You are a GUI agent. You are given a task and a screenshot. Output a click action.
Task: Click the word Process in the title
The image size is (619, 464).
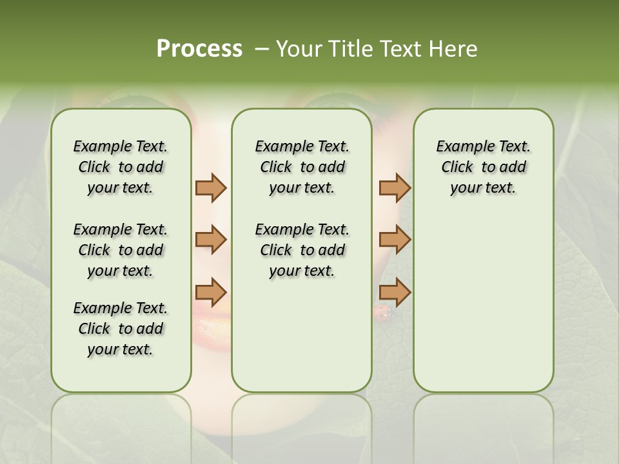199,49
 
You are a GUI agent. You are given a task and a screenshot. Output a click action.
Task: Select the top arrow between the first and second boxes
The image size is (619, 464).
211,188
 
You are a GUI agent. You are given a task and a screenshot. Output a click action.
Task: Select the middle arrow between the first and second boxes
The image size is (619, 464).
211,240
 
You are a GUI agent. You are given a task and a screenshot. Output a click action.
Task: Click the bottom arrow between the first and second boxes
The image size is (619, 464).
211,291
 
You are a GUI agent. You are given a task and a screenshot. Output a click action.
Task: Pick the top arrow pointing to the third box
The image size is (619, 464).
395,188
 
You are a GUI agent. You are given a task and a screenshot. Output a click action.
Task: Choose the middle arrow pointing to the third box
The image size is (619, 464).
395,240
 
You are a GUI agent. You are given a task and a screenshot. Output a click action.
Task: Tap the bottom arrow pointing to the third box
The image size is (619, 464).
395,291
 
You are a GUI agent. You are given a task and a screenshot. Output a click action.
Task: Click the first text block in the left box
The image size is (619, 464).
121,167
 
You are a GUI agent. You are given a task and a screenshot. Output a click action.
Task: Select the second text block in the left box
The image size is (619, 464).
121,250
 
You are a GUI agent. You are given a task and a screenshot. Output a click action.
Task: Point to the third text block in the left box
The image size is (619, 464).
121,329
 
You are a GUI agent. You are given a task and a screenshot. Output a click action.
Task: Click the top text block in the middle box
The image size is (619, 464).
302,167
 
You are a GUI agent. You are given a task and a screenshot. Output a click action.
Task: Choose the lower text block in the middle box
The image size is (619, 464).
302,250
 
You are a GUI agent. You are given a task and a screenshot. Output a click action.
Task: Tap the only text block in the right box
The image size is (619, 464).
483,167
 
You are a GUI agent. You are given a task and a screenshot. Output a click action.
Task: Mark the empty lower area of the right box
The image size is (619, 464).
483,303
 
